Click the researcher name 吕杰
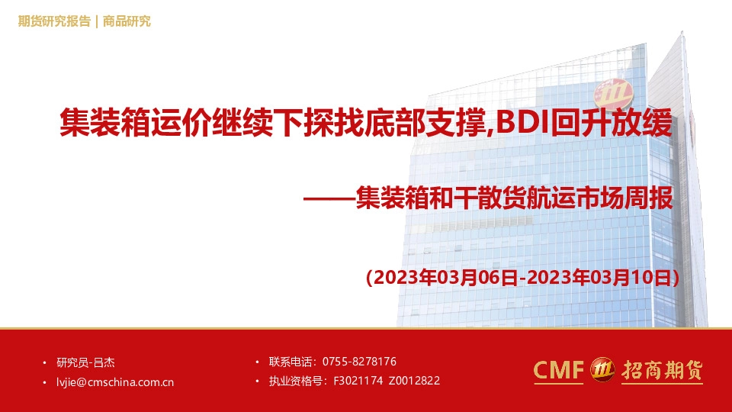pos(104,362)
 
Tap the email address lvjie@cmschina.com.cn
pos(115,382)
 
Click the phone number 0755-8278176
pos(359,362)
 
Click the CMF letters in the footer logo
pos(557,371)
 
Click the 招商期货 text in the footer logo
pos(660,371)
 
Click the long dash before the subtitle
pos(328,201)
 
